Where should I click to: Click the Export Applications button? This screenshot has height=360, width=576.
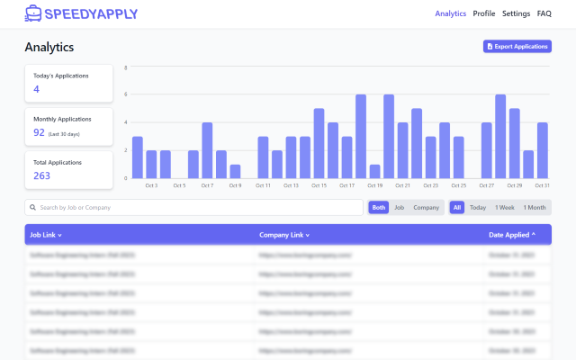tap(517, 46)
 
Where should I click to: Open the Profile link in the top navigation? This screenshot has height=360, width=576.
tap(484, 13)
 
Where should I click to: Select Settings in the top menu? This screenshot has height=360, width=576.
tap(516, 13)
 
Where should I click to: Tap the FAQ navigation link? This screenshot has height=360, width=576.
tap(544, 13)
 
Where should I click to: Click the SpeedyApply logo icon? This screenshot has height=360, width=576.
tap(33, 13)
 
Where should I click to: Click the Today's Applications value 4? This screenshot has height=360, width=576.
tap(37, 89)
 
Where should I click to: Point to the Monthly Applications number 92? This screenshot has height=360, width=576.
tap(40, 132)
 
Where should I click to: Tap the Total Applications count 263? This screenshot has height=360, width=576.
tap(42, 175)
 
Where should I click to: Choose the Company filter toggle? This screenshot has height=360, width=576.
tap(426, 207)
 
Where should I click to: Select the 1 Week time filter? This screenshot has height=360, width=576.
tap(505, 207)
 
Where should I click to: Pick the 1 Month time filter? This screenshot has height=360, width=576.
tap(535, 207)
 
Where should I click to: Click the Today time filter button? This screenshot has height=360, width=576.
tap(478, 207)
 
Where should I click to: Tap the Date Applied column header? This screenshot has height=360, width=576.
tap(512, 235)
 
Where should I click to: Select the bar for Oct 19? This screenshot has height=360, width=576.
tap(374, 171)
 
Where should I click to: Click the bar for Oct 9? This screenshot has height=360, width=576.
tap(235, 171)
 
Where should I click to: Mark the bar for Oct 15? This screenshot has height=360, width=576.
tap(319, 143)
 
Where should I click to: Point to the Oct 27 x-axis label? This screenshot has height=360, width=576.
tap(486, 185)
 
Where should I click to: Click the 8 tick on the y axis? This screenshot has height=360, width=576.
tap(126, 67)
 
